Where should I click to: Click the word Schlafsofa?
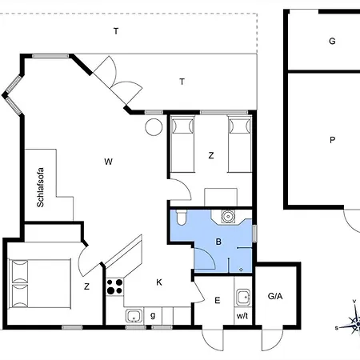pos(40,187)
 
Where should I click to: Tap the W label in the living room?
pos(108,162)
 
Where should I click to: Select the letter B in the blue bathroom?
pos(218,242)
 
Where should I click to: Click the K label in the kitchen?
pos(159,282)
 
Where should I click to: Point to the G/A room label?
pos(275,296)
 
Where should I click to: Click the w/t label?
pos(242,316)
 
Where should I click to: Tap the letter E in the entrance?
pos(218,301)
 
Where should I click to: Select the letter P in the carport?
pos(332,140)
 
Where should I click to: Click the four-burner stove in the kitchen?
pos(114,286)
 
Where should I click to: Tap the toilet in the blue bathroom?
pos(182,218)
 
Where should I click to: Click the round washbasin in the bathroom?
pos(228,216)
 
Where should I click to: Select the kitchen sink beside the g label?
pos(134,315)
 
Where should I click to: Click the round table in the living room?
pos(154,127)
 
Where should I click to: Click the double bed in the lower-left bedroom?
pos(40,284)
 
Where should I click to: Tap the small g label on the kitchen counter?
pos(153,315)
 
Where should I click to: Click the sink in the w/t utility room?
pos(243,297)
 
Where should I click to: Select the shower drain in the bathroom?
pos(241,270)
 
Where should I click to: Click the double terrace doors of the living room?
pos(118,80)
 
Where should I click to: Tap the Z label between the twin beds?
pos(211,155)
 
